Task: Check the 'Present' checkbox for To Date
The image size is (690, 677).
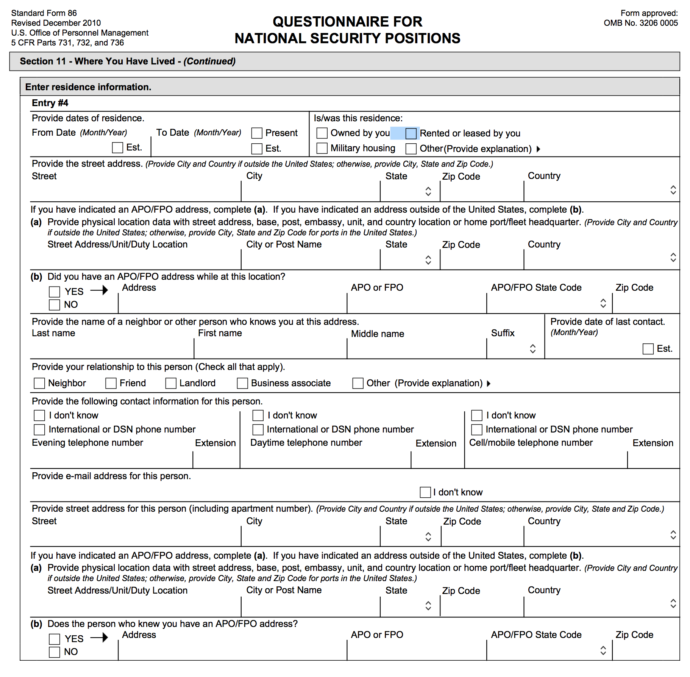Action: point(257,133)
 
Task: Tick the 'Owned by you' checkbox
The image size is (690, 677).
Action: point(322,133)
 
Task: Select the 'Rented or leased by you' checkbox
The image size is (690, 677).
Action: point(411,133)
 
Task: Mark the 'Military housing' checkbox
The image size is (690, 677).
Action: point(322,148)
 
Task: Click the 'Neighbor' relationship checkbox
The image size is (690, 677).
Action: point(39,383)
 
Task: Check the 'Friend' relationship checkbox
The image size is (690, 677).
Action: point(111,383)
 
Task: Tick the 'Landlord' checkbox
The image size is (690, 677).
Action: point(171,383)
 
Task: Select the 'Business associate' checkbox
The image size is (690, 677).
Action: point(242,383)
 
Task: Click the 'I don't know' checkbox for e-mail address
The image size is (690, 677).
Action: point(425,492)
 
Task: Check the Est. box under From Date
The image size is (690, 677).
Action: point(117,147)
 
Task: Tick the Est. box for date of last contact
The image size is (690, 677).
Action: point(648,349)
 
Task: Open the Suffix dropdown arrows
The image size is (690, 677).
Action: point(532,349)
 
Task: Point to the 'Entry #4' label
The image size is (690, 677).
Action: point(50,103)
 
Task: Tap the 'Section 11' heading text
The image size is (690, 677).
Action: point(42,61)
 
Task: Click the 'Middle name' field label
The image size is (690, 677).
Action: point(377,334)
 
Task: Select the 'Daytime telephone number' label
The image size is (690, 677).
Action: point(306,443)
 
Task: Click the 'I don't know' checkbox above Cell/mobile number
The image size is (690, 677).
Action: point(476,415)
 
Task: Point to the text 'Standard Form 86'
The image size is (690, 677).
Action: point(44,13)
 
